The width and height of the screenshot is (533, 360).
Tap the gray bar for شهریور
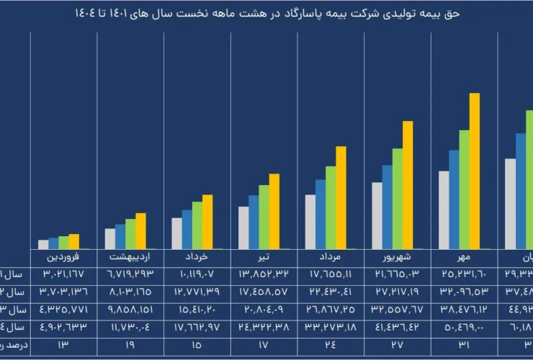[x=377, y=215]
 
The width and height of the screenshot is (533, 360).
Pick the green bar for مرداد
[x=331, y=207]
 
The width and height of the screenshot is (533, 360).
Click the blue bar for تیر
[x=254, y=222]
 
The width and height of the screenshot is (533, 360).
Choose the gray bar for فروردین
[x=43, y=244]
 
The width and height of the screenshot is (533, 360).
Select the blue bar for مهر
[x=454, y=199]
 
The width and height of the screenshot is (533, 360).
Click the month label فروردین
[x=63, y=256]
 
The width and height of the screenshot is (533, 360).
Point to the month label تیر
[x=264, y=256]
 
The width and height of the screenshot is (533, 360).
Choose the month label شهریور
[x=397, y=256]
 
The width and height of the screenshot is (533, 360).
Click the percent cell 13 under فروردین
[x=63, y=344]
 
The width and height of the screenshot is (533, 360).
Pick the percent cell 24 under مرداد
[x=330, y=344]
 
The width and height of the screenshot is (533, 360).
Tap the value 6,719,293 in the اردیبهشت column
[x=130, y=274]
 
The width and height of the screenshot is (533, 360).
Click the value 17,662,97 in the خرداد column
[x=197, y=326]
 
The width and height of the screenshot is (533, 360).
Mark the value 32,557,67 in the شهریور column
[x=397, y=309]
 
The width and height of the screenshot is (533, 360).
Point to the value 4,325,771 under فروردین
[x=63, y=309]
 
